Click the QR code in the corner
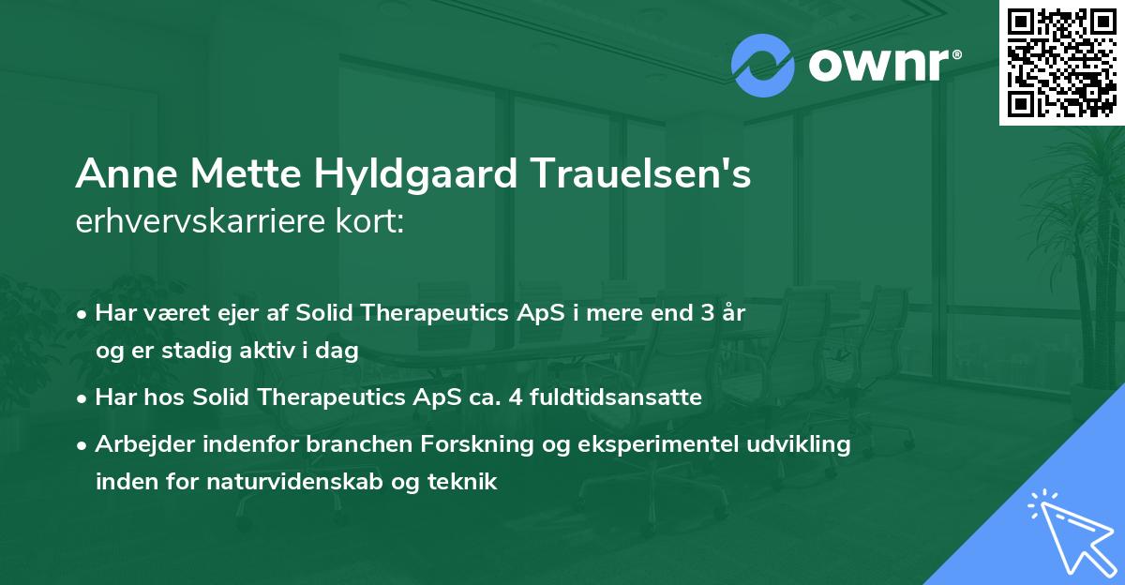(1061, 62)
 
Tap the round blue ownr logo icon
(763, 66)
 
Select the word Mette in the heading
(233, 175)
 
